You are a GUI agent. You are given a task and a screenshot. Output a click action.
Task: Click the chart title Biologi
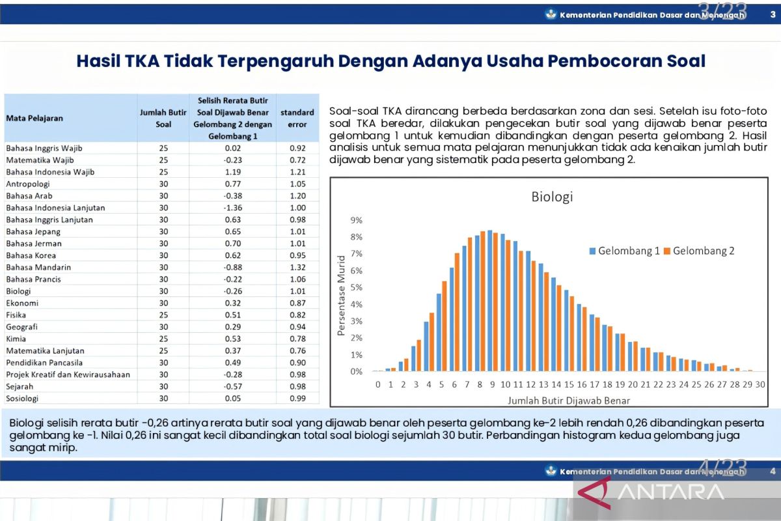[x=552, y=197]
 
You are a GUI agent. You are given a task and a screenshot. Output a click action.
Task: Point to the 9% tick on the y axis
[x=356, y=220]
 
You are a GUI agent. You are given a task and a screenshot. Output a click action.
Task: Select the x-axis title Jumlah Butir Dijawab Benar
[x=565, y=400]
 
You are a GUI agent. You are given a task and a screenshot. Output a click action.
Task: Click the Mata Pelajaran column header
[x=35, y=119]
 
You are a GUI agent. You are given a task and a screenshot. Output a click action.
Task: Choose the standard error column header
[x=297, y=119]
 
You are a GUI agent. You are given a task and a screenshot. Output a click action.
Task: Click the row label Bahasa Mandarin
[x=38, y=267]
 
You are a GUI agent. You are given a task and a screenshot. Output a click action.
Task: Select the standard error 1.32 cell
[x=297, y=267]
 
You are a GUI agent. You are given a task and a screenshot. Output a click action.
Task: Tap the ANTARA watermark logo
[x=670, y=492]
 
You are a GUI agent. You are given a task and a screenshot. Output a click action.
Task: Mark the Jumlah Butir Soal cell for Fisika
[x=163, y=315]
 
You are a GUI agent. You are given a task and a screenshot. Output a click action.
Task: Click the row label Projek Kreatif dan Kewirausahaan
[x=68, y=374]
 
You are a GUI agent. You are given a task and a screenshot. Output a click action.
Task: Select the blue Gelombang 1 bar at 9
[x=489, y=301]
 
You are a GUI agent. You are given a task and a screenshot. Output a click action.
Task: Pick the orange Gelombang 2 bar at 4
[x=432, y=342]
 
